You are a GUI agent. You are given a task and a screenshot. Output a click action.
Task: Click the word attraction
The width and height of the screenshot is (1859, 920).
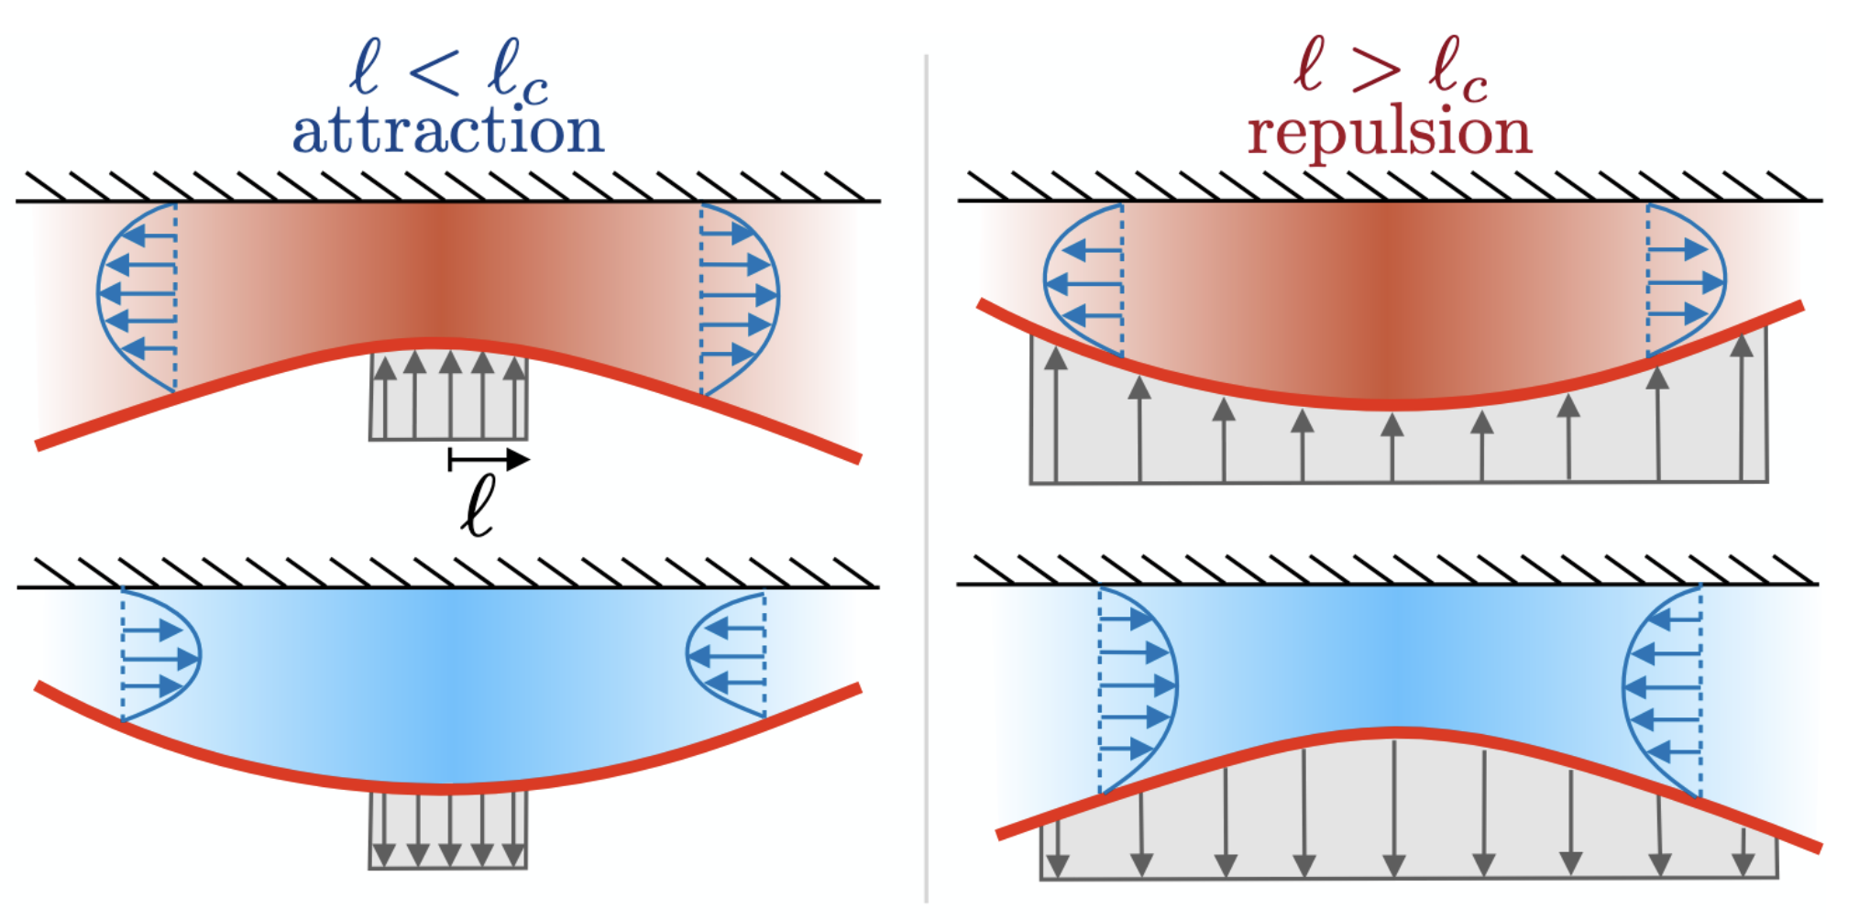[x=447, y=131]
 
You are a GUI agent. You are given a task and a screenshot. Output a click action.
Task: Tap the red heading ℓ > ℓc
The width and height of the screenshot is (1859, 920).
[x=1389, y=69]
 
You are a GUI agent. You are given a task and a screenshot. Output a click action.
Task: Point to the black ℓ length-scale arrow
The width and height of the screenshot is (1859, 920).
[x=488, y=459]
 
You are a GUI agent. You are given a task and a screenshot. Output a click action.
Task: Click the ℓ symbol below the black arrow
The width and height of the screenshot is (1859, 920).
[x=478, y=504]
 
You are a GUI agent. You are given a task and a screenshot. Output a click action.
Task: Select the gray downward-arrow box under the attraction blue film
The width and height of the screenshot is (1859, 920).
[x=448, y=829]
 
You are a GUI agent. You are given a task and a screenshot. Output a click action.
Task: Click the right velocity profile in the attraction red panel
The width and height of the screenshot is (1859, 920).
[x=738, y=295]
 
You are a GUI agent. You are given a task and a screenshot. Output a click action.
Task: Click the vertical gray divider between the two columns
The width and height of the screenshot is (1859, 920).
[x=927, y=476]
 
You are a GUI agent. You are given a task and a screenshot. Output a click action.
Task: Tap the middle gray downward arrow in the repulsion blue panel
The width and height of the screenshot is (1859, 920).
[x=1394, y=806]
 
